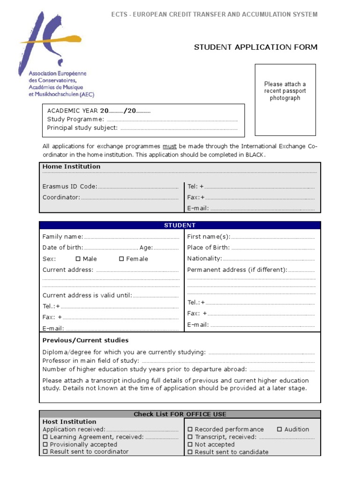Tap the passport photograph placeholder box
pyautogui.click(x=285, y=99)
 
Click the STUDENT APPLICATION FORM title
pyautogui.click(x=255, y=47)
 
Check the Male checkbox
pyautogui.click(x=78, y=259)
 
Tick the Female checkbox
pyautogui.click(x=121, y=259)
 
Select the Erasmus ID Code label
pyautogui.click(x=70, y=187)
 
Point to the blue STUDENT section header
pyautogui.click(x=180, y=225)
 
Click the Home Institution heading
pyautogui.click(x=71, y=166)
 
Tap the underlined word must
pyautogui.click(x=169, y=146)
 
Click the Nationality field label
pyautogui.click(x=204, y=258)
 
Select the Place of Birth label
pyautogui.click(x=208, y=247)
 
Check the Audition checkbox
pyautogui.click(x=279, y=429)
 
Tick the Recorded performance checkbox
pyautogui.click(x=190, y=429)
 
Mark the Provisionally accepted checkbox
pyautogui.click(x=45, y=444)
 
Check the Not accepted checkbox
pyautogui.click(x=190, y=444)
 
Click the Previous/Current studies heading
pyautogui.click(x=85, y=340)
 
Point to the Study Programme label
pyautogui.click(x=75, y=119)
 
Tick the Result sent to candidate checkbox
pyautogui.click(x=190, y=452)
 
